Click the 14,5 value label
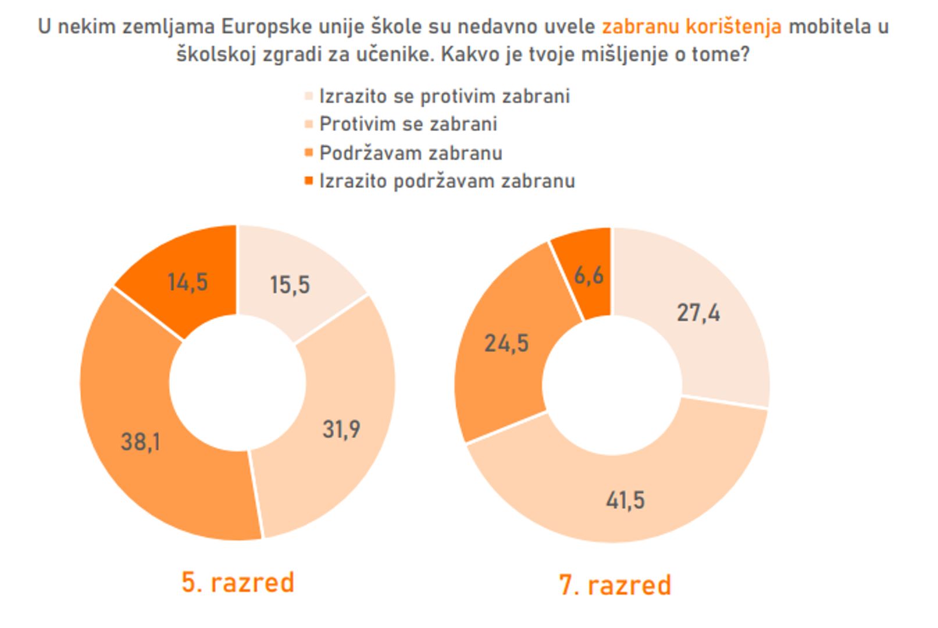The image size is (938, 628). coord(187,283)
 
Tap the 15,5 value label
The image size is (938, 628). coord(290,285)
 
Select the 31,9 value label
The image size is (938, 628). coord(341,430)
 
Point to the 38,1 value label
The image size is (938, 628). coord(140,442)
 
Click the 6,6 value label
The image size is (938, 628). coord(589,275)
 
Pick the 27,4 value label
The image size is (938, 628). coord(698,313)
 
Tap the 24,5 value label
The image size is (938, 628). coord(507,344)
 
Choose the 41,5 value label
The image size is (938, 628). coord(625,500)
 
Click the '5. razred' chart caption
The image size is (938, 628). coord(238,583)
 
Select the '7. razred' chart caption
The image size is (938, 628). coord(615,585)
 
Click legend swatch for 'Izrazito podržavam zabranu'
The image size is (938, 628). coord(309,181)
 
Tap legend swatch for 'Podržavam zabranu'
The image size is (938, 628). coord(309,152)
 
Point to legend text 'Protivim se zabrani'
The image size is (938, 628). coord(408,124)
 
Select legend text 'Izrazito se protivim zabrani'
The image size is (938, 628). coord(444,96)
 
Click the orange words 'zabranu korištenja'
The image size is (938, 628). coord(691,27)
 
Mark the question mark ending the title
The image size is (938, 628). coord(745,55)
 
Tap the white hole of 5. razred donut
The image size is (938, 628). coord(237,383)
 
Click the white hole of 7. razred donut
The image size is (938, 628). coord(612,384)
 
